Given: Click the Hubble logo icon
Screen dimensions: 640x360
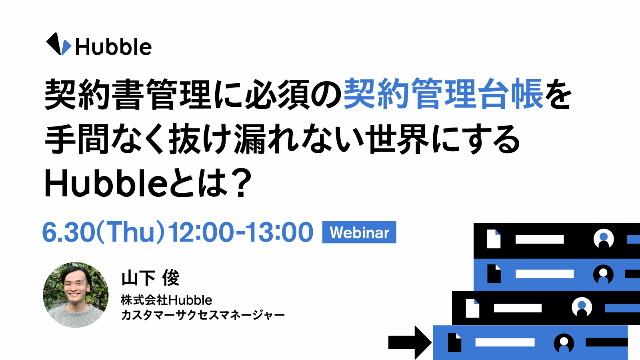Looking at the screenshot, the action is (58, 44).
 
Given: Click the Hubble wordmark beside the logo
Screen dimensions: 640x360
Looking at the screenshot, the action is (114, 47).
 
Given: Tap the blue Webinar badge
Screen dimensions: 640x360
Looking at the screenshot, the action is (359, 232).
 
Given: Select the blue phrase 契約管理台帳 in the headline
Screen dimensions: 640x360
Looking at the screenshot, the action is (443, 94).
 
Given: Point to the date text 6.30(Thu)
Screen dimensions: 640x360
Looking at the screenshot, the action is (104, 232).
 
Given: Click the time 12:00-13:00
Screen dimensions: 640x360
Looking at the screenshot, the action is (240, 232).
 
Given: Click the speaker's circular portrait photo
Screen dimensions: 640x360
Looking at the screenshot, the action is (76, 295).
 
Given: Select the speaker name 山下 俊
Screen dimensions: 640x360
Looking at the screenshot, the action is (150, 278).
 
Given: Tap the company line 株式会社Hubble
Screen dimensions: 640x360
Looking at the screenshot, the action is (166, 300).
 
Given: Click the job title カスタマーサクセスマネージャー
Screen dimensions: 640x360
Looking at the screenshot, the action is (203, 315).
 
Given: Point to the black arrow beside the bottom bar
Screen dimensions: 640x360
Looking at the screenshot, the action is (410, 342).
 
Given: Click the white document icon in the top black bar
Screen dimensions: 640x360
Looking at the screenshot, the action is (494, 239).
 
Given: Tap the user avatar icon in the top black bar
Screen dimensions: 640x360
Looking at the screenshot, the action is (604, 239).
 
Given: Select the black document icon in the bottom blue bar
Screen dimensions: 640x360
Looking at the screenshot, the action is (454, 342).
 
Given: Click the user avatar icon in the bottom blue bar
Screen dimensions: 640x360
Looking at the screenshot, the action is (564, 343).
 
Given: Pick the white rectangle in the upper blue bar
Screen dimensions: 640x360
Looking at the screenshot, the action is (544, 274).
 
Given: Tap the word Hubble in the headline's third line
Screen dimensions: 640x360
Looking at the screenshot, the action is (106, 183).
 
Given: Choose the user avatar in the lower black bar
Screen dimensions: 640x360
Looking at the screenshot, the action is (582, 307).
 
